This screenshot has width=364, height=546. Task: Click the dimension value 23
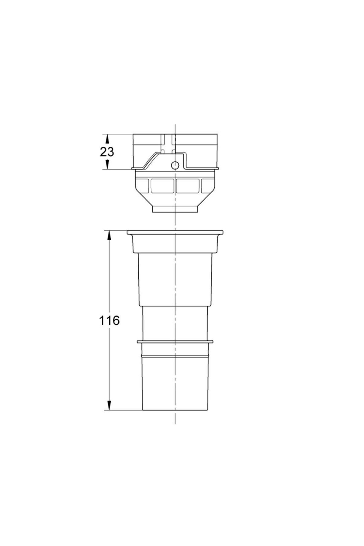click(107, 152)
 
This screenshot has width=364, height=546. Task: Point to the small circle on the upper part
click(175, 165)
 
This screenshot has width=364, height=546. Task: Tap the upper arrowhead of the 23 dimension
click(107, 139)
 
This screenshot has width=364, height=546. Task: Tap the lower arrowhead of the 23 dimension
click(107, 165)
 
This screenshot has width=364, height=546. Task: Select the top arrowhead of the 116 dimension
click(109, 235)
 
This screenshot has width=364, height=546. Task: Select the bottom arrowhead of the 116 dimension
click(109, 406)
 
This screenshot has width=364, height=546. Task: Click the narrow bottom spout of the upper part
click(175, 209)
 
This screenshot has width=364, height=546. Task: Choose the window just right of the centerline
click(188, 186)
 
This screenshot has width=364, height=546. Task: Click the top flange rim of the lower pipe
click(175, 232)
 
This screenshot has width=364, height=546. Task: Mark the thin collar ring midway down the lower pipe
click(175, 342)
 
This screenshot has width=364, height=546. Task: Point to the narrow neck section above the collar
click(175, 323)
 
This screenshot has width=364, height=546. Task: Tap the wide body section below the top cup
click(175, 279)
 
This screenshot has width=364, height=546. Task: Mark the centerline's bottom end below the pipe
click(175, 423)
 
